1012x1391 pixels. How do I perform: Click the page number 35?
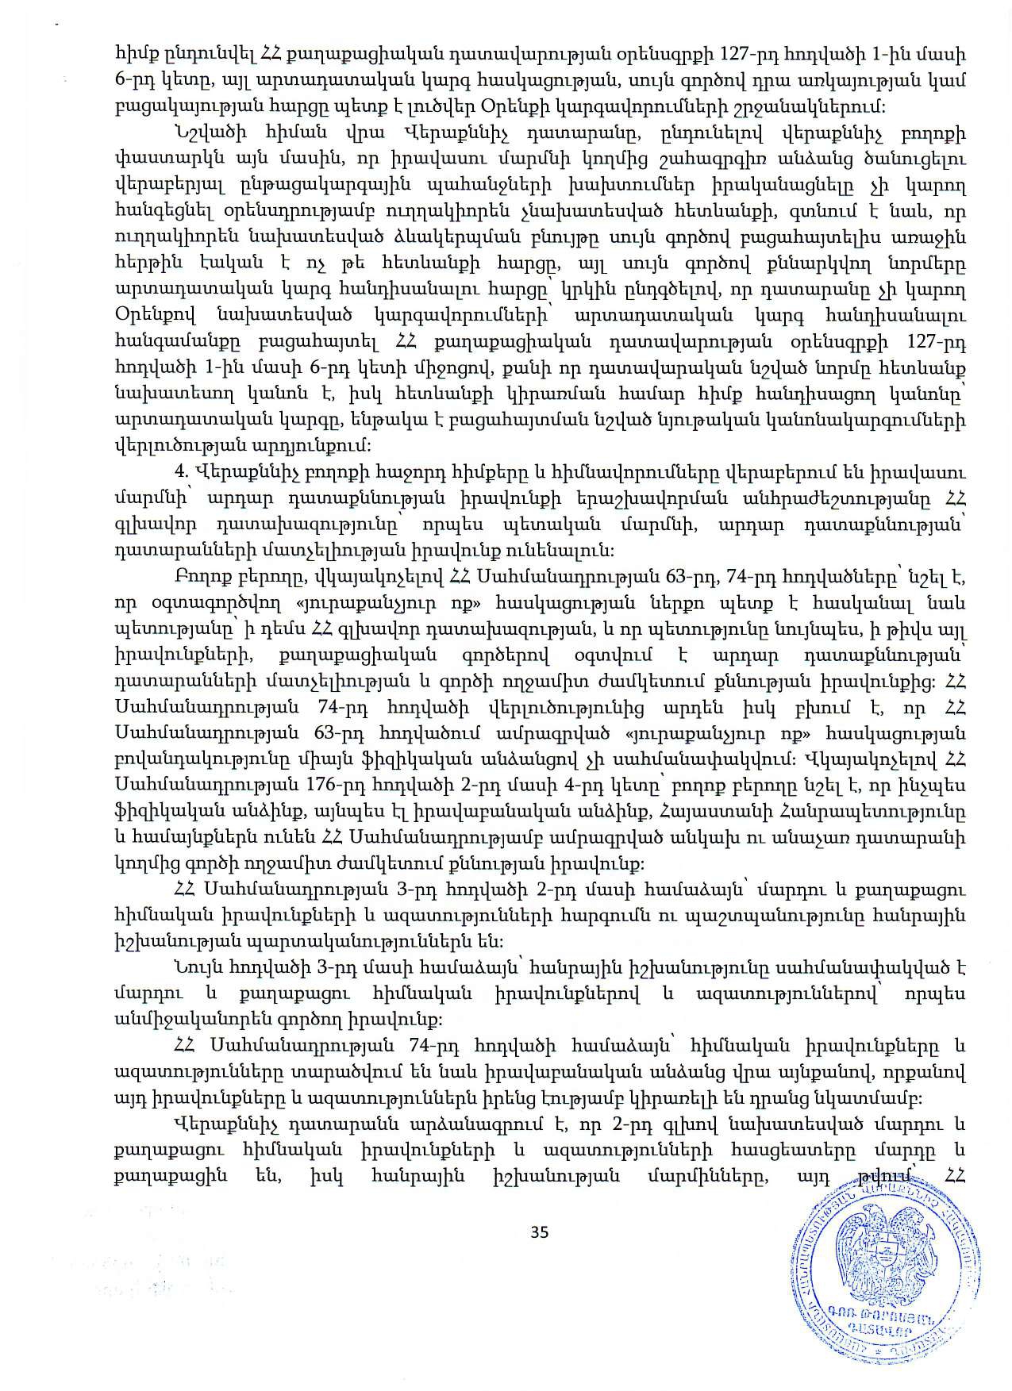point(540,1232)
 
